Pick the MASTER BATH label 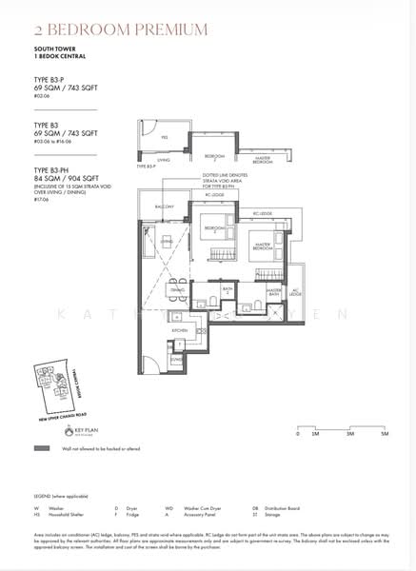click(273, 293)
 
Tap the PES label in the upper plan click(165, 137)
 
